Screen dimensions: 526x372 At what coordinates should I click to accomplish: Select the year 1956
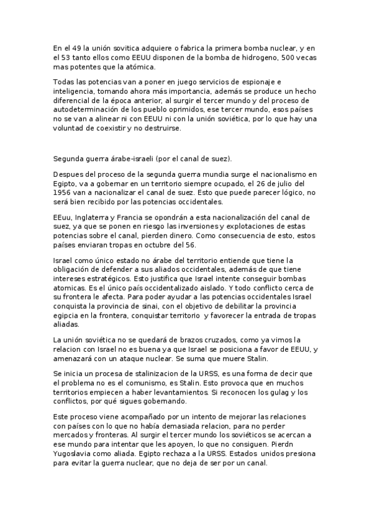pyautogui.click(x=63, y=193)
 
